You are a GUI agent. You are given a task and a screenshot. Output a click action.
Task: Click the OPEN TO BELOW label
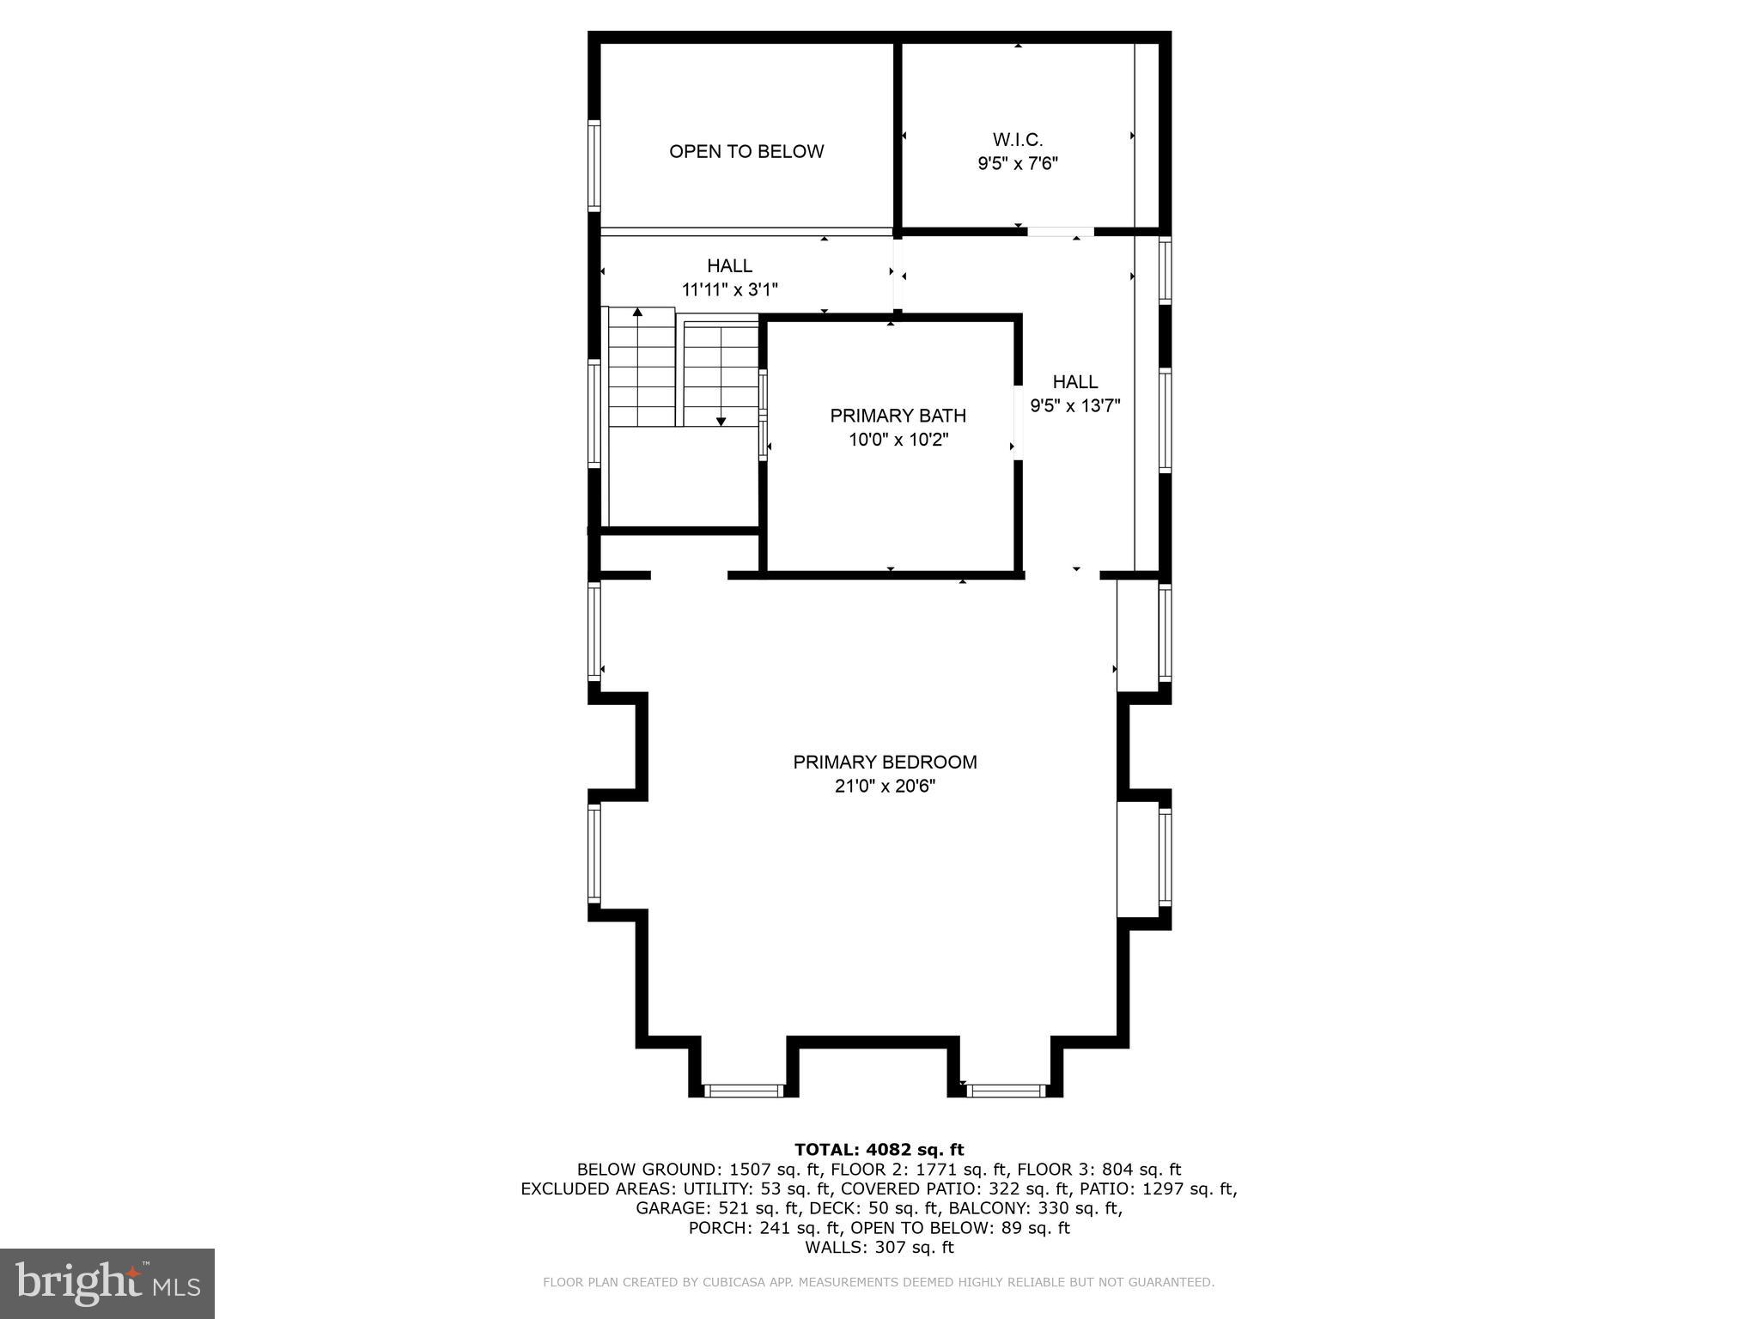point(746,152)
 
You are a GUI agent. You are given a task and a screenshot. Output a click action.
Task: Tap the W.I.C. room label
point(1018,139)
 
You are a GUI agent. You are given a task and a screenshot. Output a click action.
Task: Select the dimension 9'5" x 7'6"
point(1018,164)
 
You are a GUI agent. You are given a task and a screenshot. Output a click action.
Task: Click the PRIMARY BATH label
point(898,416)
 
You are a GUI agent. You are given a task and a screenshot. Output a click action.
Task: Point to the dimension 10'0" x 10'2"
point(898,441)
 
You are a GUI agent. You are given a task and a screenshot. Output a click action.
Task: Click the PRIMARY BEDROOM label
point(885,762)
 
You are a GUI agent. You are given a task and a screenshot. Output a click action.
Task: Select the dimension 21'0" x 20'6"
point(885,786)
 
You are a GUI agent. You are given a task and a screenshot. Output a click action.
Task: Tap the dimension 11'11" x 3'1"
point(730,290)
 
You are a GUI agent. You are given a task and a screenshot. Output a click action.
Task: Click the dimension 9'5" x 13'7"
point(1075,406)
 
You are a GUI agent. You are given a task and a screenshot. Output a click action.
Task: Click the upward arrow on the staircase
point(637,313)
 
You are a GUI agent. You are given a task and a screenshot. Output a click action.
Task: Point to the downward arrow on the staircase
point(721,421)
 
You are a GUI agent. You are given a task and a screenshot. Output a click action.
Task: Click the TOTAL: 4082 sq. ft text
point(879,1150)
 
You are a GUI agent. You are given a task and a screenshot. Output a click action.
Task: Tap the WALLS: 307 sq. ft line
point(879,1248)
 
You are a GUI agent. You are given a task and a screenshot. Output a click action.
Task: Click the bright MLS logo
point(107,1284)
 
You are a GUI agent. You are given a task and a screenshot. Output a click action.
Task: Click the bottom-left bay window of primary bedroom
point(744,1091)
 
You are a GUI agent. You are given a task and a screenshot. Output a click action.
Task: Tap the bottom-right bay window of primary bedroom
point(1006,1091)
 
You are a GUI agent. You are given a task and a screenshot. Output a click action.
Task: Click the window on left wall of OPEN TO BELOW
point(593,165)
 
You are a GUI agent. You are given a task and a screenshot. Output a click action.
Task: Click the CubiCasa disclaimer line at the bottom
point(879,1282)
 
